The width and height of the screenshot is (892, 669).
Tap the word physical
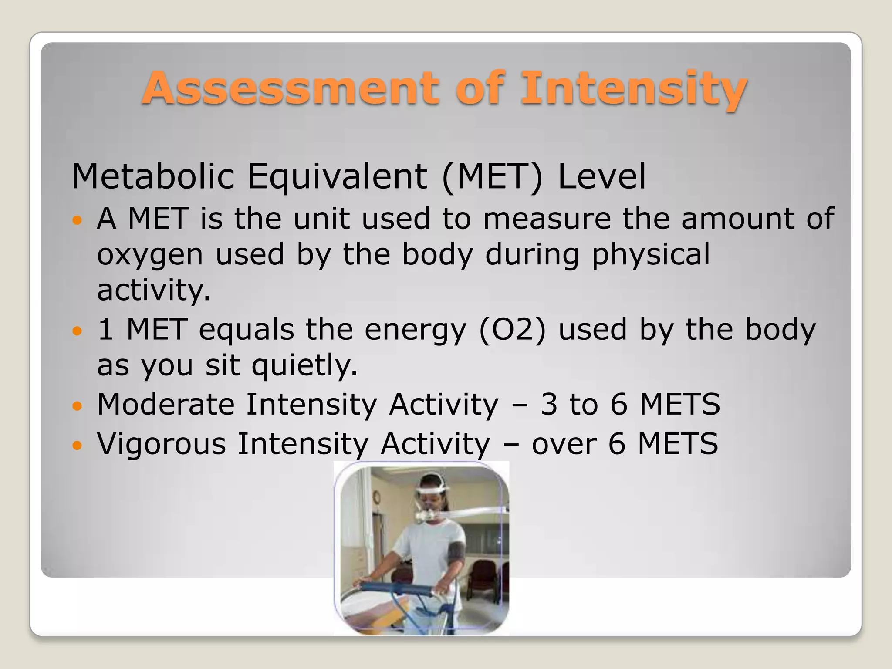pos(651,254)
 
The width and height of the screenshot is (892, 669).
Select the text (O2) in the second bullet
pos(512,330)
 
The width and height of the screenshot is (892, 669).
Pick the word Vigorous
pos(162,444)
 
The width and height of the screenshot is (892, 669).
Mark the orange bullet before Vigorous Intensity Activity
pos(77,445)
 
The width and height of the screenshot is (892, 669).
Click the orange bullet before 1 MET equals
pos(77,331)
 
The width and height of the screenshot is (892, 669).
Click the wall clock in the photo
pos(376,497)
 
